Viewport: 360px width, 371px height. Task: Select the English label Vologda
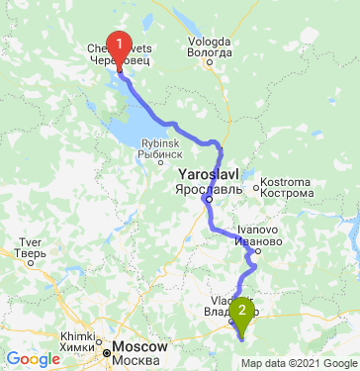point(209,42)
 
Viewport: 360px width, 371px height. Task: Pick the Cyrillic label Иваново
point(259,240)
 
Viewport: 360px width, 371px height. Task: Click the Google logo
point(34,358)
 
